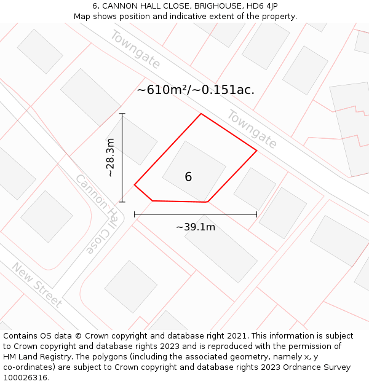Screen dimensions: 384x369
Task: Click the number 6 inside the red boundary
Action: click(x=188, y=177)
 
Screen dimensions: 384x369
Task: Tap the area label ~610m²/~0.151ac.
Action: click(x=196, y=90)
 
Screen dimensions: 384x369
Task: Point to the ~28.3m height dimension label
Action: click(x=111, y=158)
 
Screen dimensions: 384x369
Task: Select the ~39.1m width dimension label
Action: click(x=196, y=227)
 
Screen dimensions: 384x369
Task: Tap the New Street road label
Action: click(x=37, y=285)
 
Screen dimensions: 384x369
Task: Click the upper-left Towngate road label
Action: click(x=135, y=49)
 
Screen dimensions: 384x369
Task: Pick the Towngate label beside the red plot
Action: click(x=252, y=129)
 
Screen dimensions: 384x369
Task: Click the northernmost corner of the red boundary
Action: click(x=201, y=114)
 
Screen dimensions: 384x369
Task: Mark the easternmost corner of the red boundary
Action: click(x=256, y=151)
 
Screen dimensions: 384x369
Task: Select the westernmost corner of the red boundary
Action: click(x=135, y=184)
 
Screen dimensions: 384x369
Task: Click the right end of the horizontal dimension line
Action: click(x=256, y=214)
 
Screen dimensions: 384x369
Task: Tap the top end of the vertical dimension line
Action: click(x=122, y=114)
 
